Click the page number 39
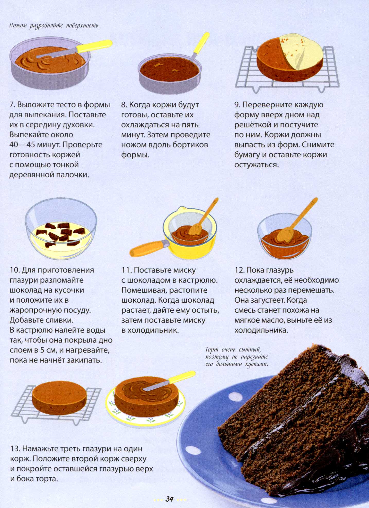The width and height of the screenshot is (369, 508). pyautogui.click(x=170, y=499)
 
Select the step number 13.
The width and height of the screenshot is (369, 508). pyautogui.click(x=15, y=449)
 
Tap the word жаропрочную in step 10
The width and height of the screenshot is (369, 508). pyautogui.click(x=35, y=310)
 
